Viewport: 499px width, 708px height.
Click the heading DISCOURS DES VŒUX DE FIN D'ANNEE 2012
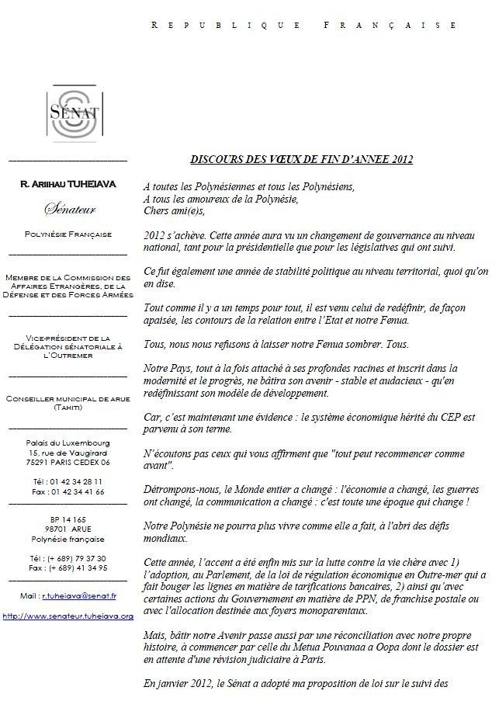point(301,160)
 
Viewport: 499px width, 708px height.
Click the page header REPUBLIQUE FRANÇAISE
point(303,25)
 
